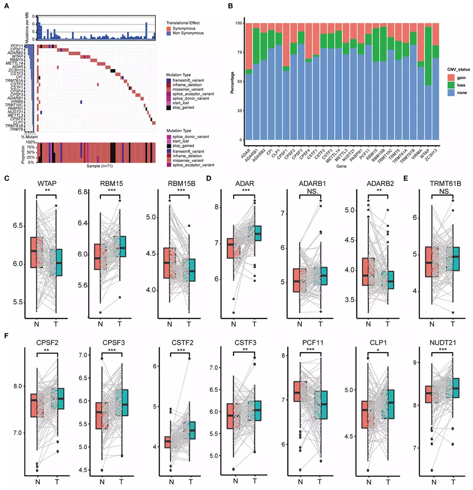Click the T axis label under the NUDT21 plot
455,482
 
